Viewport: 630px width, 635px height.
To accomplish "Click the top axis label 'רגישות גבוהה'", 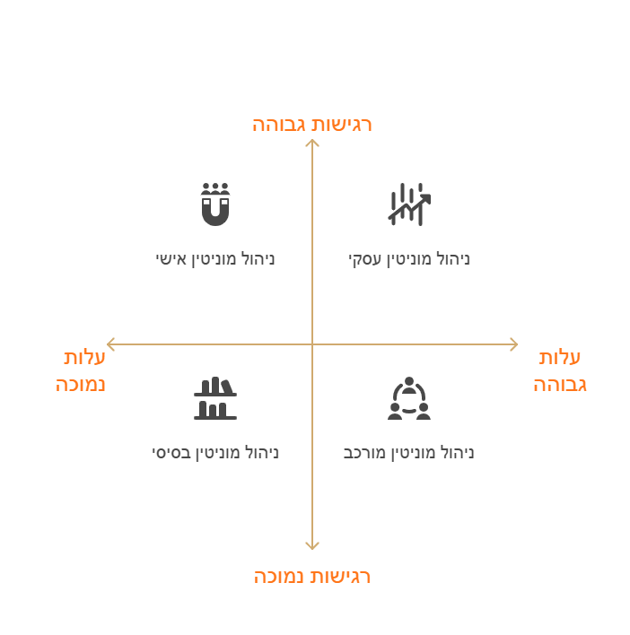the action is click(312, 125).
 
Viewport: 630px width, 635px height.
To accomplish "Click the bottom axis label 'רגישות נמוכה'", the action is click(312, 577).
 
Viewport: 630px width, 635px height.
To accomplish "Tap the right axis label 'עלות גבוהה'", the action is click(560, 371).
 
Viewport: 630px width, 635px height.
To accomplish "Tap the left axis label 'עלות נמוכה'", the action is click(81, 371).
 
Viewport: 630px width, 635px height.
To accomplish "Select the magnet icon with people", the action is click(215, 204).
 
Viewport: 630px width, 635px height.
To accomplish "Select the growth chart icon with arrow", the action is click(409, 204).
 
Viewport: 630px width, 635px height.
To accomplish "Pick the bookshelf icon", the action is click(215, 398).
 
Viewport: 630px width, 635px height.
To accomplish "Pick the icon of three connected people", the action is click(409, 398).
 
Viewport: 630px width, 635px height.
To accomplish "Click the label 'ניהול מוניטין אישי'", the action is click(215, 259).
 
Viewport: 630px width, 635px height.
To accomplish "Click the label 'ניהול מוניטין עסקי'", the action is click(409, 259).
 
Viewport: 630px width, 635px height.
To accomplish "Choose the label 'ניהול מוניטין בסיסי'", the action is click(215, 453).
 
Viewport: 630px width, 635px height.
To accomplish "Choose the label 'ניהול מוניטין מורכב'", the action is click(409, 453).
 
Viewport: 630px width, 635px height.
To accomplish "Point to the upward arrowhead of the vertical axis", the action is click(312, 140).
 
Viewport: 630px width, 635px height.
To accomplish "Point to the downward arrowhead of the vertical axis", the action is click(312, 549).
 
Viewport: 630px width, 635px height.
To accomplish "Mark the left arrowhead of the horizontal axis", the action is click(108, 344).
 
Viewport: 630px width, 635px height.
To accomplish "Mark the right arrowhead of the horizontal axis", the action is click(517, 344).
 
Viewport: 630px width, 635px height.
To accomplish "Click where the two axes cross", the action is click(312, 344).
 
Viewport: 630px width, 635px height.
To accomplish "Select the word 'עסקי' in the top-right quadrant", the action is click(365, 259).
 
